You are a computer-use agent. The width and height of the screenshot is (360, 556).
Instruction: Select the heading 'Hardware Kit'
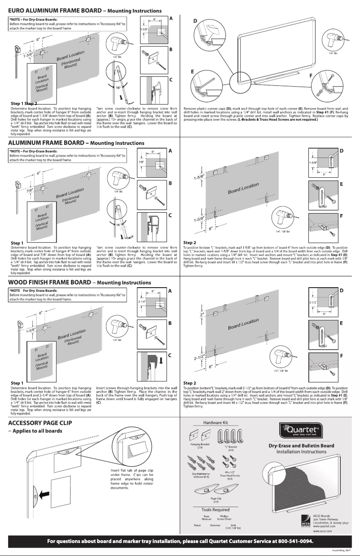[216, 423]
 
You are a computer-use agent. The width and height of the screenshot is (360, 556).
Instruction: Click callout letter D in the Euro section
[195, 21]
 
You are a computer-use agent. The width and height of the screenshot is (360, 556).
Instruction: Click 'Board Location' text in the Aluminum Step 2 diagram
[244, 188]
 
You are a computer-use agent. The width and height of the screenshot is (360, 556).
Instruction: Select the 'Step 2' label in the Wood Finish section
[190, 383]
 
